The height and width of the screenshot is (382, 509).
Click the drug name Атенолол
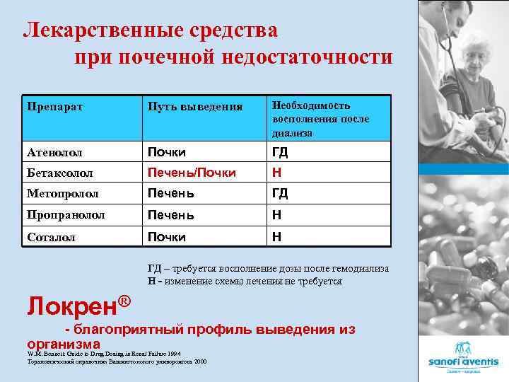[54, 152]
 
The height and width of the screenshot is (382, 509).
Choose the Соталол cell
[50, 237]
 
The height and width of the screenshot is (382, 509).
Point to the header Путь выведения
[195, 107]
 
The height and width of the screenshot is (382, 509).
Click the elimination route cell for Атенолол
[166, 152]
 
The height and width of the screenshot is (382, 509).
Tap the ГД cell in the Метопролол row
[280, 193]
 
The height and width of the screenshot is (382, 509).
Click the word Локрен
[70, 306]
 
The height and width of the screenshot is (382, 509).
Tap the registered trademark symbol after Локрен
[124, 300]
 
